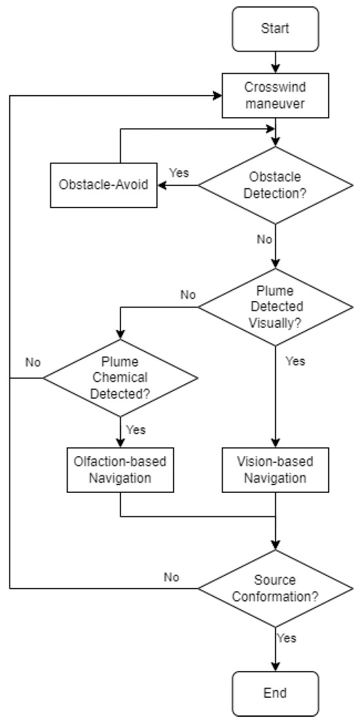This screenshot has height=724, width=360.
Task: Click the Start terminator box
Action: (275, 29)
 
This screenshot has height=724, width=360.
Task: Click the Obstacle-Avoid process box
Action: (105, 185)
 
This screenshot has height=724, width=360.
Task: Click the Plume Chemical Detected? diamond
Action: (120, 378)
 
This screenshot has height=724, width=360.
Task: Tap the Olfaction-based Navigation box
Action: (120, 470)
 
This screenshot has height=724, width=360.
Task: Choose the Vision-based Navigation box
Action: (275, 470)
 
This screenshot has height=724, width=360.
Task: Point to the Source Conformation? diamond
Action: (275, 588)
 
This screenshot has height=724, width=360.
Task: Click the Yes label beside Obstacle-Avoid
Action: (179, 172)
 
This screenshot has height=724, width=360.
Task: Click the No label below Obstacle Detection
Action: (264, 240)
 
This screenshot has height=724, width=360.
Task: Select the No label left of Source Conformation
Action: (171, 577)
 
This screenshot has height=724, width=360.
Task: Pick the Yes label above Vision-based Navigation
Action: (295, 361)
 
